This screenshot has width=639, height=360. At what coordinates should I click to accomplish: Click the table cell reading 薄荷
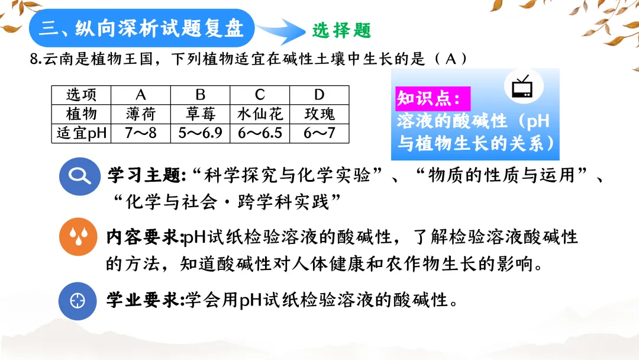pos(140,114)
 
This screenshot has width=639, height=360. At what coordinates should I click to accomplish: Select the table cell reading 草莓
pos(200,114)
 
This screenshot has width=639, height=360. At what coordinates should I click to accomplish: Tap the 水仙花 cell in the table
pos(260,114)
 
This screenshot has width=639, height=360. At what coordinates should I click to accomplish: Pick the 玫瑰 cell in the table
pos(319,114)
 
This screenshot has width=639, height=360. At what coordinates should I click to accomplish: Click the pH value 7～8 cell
pos(140,133)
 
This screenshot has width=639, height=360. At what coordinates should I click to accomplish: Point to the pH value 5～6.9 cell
pos(200,133)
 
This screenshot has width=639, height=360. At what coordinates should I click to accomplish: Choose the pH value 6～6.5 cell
pos(260,133)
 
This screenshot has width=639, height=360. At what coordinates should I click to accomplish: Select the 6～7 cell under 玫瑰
pos(319,133)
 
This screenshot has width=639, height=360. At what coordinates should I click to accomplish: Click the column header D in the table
pos(319,95)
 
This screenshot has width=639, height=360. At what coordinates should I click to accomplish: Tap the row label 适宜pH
pos(81,133)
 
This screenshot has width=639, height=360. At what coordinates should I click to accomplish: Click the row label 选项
pos(81,95)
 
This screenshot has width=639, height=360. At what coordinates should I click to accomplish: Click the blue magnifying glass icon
pos(78,176)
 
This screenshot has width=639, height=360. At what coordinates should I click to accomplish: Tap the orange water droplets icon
pos(78,238)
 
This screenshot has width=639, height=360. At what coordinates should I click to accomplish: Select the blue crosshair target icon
pos(78,300)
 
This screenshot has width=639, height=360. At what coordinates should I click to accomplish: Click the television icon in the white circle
pos(522,88)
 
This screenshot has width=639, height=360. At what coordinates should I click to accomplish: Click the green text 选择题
pos(341,30)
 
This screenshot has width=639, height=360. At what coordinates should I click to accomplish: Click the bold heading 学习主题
pos(144,175)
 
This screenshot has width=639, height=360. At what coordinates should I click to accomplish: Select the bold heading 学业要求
pos(144,300)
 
